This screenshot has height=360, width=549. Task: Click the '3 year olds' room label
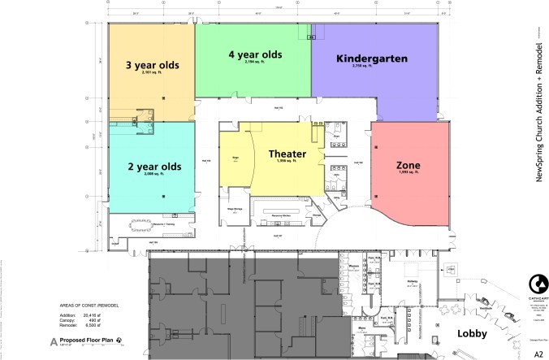151,64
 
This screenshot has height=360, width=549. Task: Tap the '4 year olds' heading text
255,54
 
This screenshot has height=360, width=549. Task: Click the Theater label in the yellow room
287,153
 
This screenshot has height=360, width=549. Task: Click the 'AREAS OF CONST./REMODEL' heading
89,307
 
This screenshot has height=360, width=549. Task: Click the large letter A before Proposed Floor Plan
54,342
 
